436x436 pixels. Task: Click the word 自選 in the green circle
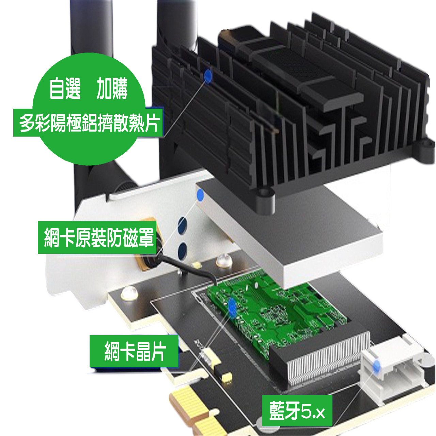[x=65, y=89]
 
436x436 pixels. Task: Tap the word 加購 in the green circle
[x=112, y=89]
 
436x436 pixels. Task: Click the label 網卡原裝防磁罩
[x=98, y=237]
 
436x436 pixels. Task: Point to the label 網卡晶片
[x=134, y=351]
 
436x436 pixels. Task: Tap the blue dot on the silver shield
[x=200, y=195]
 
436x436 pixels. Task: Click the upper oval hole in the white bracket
[x=183, y=225]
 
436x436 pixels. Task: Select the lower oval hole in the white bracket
[x=183, y=251]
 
